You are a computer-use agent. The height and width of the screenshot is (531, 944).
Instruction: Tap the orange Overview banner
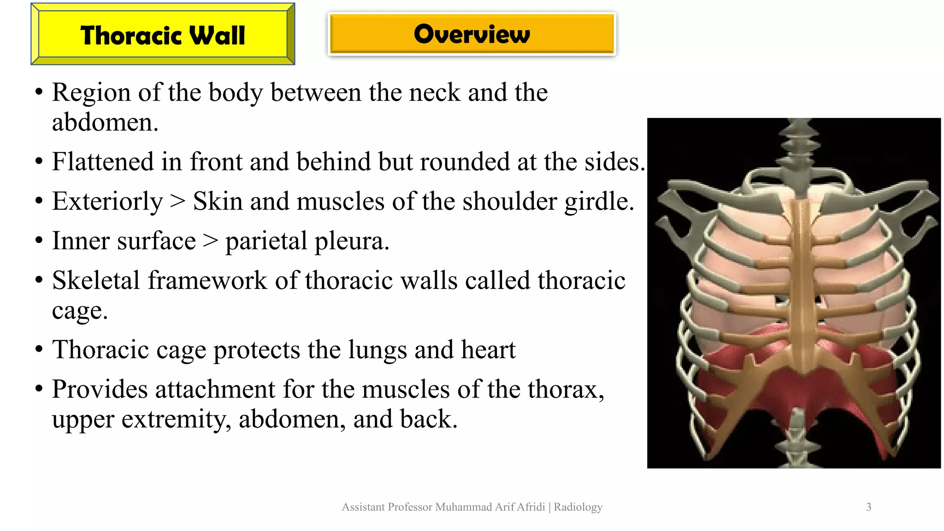(x=472, y=34)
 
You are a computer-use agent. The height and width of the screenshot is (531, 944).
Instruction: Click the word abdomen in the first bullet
(x=104, y=123)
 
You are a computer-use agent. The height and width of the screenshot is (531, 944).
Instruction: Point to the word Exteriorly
(x=107, y=202)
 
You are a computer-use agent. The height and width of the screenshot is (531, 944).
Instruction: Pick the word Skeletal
(x=95, y=280)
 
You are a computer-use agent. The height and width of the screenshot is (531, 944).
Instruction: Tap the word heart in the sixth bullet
(x=488, y=349)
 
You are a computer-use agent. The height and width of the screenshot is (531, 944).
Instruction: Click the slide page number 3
(x=868, y=507)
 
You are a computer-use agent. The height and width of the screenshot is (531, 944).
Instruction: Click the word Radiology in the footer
(x=578, y=507)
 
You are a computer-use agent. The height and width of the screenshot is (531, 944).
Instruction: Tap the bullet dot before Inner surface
(x=39, y=241)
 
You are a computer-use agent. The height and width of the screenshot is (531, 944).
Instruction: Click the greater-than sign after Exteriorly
(x=178, y=202)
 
